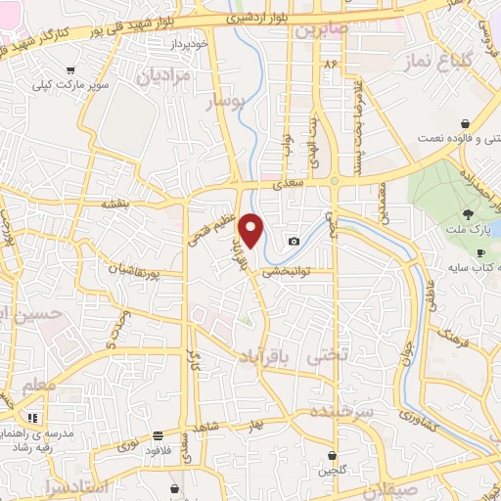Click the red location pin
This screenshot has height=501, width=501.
pos(252,229)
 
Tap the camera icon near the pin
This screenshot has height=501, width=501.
pos(294,242)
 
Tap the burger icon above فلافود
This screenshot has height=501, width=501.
pos(158,435)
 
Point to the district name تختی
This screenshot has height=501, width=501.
pos(328,358)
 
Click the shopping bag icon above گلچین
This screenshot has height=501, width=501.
pos(333,454)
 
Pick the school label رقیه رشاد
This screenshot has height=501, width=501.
pos(32,447)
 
